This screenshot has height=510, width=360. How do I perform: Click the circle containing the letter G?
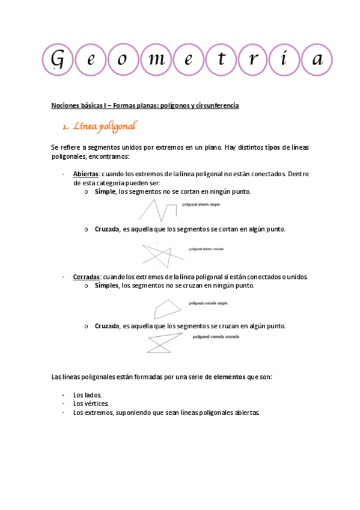click(58, 60)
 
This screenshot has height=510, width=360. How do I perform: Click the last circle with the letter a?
click(318, 60)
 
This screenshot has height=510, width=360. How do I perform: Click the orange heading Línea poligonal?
click(105, 127)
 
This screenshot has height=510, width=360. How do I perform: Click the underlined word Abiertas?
click(86, 174)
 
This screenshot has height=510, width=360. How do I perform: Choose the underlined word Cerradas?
click(87, 277)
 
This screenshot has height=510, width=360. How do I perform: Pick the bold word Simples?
click(106, 286)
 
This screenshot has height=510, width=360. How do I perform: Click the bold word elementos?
click(229, 376)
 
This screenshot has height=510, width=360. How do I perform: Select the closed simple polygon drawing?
click(167, 308)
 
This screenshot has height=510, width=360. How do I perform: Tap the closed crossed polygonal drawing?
click(159, 344)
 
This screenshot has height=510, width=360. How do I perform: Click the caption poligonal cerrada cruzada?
click(216, 337)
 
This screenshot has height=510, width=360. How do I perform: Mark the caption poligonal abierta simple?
click(201, 204)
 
